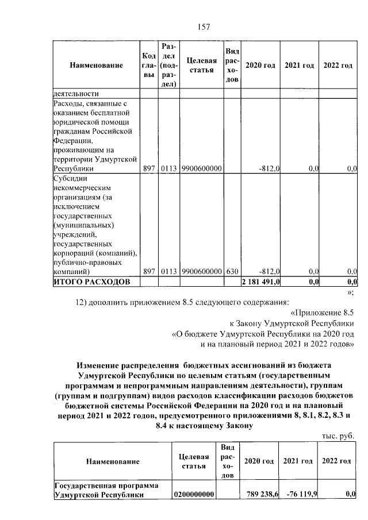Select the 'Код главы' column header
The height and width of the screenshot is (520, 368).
(x=149, y=65)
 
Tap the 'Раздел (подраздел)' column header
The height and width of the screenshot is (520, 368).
(x=169, y=65)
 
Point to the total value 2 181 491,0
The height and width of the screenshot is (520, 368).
(x=261, y=282)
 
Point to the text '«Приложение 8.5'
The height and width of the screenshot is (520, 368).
(x=323, y=313)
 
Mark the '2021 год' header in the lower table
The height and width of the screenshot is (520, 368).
(x=298, y=461)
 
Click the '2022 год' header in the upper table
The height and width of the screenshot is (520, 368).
(x=338, y=66)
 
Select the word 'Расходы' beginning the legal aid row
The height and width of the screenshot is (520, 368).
(x=68, y=104)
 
